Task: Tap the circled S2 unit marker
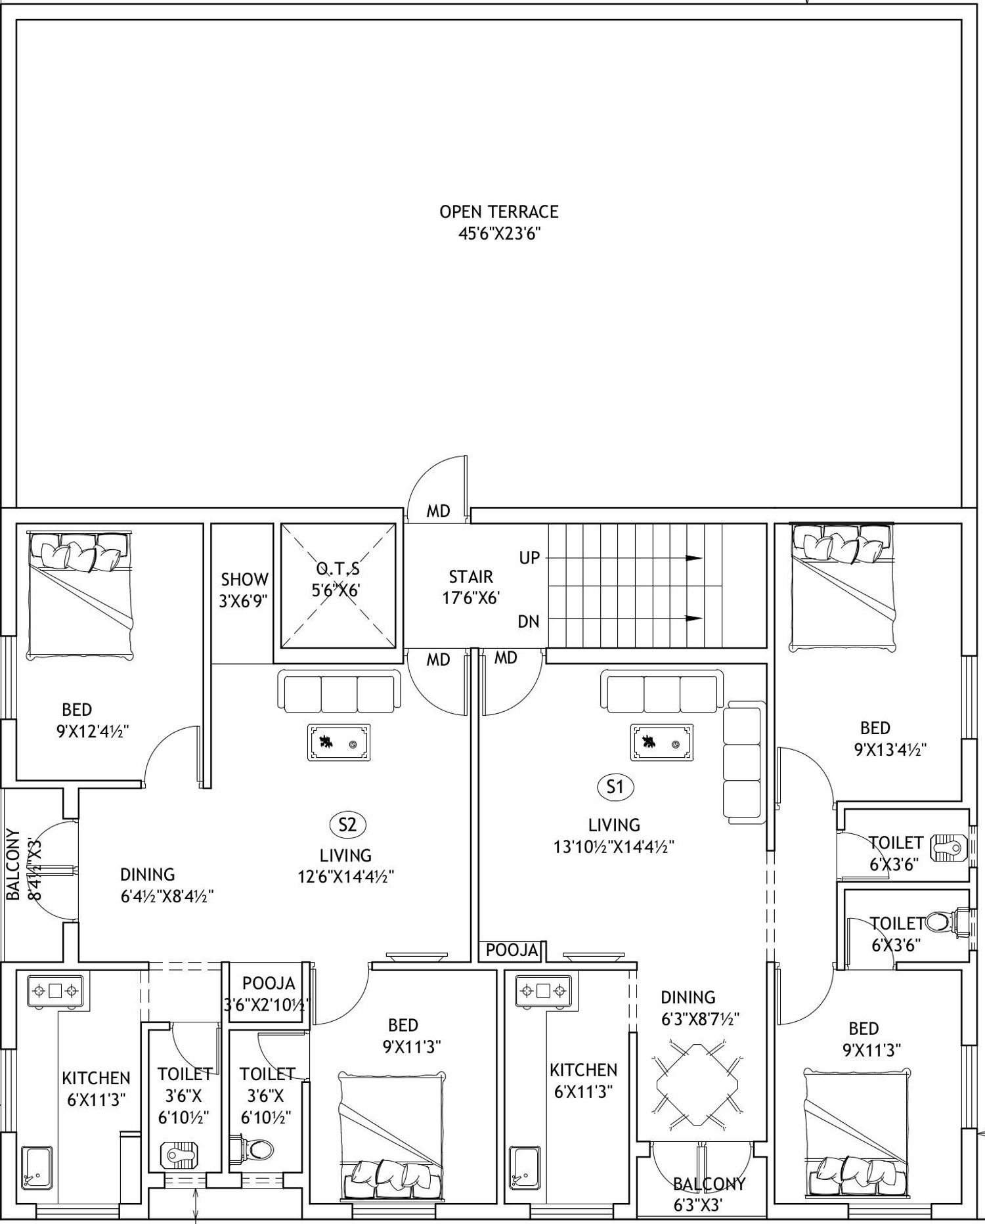pyautogui.click(x=347, y=824)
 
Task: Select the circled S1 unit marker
pyautogui.click(x=615, y=787)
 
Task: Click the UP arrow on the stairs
pyautogui.click(x=624, y=558)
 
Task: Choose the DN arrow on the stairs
pyautogui.click(x=624, y=618)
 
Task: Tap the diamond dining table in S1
pyautogui.click(x=698, y=1085)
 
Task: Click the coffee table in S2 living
pyautogui.click(x=339, y=743)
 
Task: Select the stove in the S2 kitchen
pyautogui.click(x=55, y=990)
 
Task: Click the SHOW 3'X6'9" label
pyautogui.click(x=244, y=590)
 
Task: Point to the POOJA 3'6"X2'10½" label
pyautogui.click(x=267, y=994)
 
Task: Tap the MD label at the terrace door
pyautogui.click(x=438, y=511)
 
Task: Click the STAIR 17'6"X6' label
pyautogui.click(x=471, y=587)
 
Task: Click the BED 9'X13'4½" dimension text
pyautogui.click(x=890, y=749)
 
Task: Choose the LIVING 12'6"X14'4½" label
pyautogui.click(x=346, y=865)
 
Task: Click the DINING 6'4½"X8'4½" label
pyautogui.click(x=167, y=885)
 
